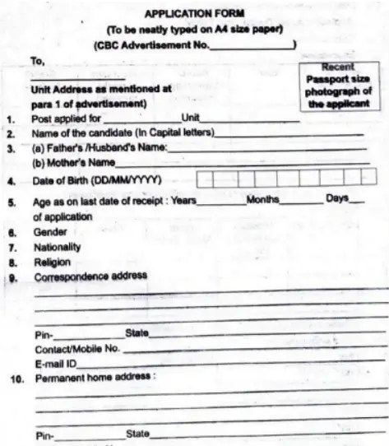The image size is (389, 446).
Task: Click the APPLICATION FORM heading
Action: pos(195,13)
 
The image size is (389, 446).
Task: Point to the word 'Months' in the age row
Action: pos(262,200)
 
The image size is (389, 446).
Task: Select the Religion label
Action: pos(52,262)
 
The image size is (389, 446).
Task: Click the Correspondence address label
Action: pos(90,276)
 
